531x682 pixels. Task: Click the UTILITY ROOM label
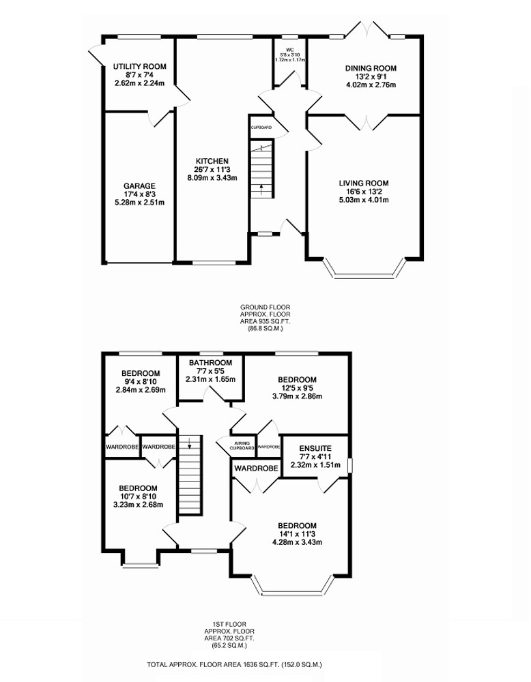click(140, 67)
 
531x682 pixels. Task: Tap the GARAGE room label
click(139, 186)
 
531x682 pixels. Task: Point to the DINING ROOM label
click(371, 68)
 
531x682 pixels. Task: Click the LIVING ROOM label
click(364, 183)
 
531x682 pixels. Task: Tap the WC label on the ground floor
click(290, 50)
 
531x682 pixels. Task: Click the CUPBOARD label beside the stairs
click(261, 128)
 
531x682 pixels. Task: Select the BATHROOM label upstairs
click(211, 363)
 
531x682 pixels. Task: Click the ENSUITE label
click(315, 449)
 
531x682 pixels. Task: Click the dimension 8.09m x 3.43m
click(212, 177)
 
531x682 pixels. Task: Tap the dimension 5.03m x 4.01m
click(364, 200)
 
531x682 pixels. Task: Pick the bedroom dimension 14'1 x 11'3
click(298, 534)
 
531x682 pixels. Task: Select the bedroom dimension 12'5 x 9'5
click(298, 388)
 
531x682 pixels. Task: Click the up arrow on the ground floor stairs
click(261, 188)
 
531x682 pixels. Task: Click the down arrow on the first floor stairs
click(190, 444)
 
